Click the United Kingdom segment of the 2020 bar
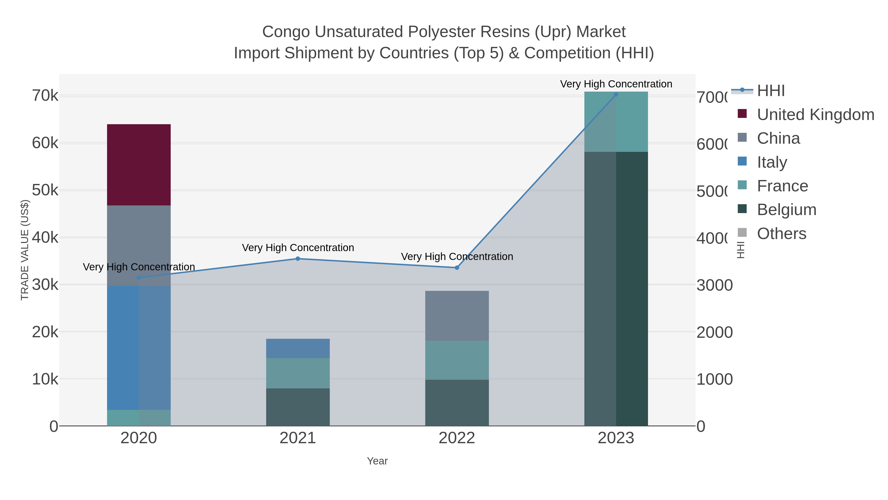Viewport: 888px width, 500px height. click(x=139, y=165)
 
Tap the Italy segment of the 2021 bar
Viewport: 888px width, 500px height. click(x=298, y=348)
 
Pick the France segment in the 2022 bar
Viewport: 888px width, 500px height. click(x=457, y=360)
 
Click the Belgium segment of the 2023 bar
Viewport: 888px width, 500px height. click(x=616, y=288)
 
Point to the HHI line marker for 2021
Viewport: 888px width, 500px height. click(x=298, y=259)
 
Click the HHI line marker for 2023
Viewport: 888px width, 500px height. click(x=616, y=94)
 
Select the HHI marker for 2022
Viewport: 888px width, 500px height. click(x=457, y=268)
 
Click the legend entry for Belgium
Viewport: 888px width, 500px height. click(x=786, y=210)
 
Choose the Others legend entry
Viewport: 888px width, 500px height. click(x=781, y=234)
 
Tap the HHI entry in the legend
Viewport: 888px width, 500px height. click(x=771, y=91)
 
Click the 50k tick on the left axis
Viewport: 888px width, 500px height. click(x=45, y=190)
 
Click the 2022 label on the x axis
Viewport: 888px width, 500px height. click(x=457, y=438)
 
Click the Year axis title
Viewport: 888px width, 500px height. click(x=377, y=461)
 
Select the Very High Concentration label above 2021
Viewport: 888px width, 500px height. click(x=298, y=248)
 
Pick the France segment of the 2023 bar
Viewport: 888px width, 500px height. click(x=616, y=122)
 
